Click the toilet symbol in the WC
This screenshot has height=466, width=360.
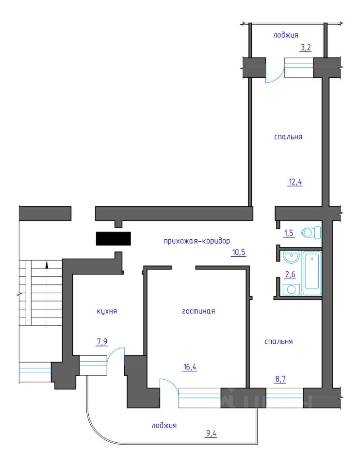point(311,233)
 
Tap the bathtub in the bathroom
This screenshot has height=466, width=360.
point(312,273)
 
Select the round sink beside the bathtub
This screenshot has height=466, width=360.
point(291,257)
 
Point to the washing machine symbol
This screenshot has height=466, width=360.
point(292,289)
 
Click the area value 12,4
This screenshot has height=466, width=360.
point(295,182)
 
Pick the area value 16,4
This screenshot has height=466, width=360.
point(190,367)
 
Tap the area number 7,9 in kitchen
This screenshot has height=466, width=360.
point(102,342)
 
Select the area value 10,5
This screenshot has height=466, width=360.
point(239,252)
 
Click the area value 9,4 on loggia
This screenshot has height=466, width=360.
point(211,433)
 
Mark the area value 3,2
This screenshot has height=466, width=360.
point(305,48)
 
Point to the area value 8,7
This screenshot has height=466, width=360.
point(281,379)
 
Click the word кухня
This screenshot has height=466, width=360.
point(107,311)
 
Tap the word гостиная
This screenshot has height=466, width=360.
point(198,311)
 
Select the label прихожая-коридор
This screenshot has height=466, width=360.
point(197,241)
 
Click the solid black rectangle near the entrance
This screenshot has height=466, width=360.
point(113,239)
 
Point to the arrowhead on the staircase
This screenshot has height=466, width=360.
point(47,264)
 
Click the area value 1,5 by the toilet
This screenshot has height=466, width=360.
point(289,233)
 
